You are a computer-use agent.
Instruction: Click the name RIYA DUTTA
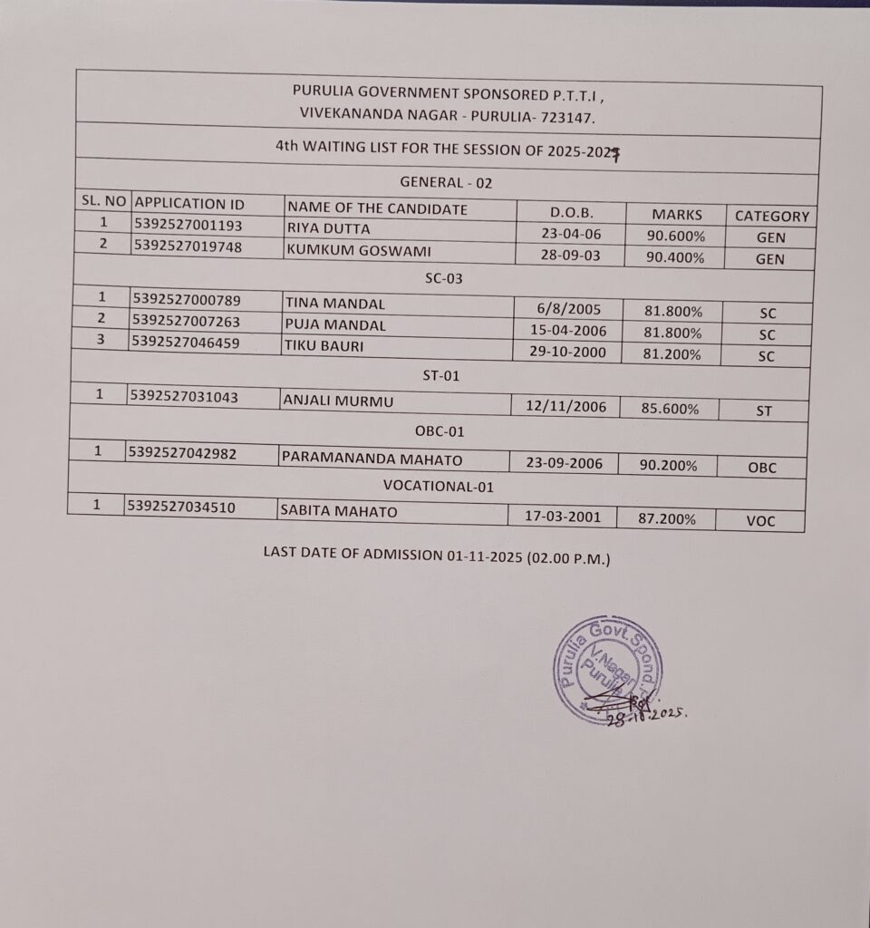[x=328, y=228]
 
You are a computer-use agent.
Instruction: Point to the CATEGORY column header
[x=771, y=217]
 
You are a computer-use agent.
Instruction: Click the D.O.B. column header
[x=571, y=212]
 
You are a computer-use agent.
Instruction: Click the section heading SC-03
[x=444, y=278]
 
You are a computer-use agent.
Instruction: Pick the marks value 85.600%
[x=669, y=409]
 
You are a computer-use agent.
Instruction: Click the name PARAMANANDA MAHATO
[x=372, y=459]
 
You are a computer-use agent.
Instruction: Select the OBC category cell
[x=762, y=468]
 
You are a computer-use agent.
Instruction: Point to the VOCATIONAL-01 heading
[x=438, y=487]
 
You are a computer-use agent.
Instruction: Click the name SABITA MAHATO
[x=340, y=512]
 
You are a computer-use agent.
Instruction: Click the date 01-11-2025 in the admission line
[x=486, y=556]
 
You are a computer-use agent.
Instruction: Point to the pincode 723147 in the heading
[x=569, y=117]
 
